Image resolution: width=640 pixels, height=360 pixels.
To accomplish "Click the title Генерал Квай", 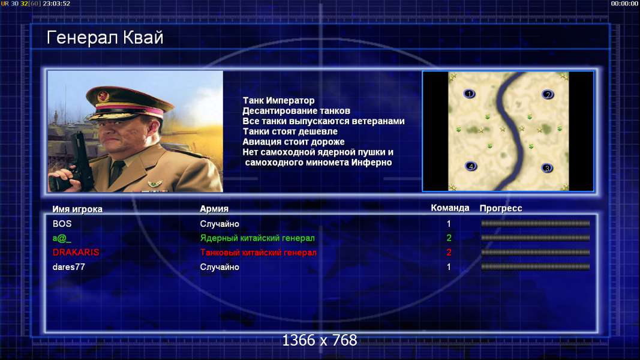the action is pos(105,38).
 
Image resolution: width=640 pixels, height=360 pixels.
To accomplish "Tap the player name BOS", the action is pos(62,224).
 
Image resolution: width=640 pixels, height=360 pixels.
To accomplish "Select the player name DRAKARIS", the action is pos(76,252).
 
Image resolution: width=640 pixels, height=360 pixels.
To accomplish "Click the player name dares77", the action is pos(68,267).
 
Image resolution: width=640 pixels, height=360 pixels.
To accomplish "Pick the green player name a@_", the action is pos(62,238).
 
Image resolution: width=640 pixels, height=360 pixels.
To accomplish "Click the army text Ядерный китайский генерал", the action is pos(257,238).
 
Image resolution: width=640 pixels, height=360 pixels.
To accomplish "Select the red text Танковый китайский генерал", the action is pos(259,252).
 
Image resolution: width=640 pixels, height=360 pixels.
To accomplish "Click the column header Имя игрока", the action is pos(77,209).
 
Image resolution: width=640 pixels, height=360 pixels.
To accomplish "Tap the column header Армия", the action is pos(214,209).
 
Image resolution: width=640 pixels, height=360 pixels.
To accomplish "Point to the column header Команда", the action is pos(450,208).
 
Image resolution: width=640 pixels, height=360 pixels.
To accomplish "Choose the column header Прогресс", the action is pos(501,208).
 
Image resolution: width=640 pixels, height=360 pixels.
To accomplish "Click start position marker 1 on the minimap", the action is pos(470,94).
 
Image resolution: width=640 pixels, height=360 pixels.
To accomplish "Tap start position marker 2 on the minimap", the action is pos(548,95).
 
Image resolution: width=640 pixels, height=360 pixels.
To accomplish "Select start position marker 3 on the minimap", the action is pos(547,168).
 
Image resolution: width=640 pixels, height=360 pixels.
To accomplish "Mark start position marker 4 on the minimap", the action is pos(471,166).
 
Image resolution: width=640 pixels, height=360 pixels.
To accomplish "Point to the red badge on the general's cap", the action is pos(103,96).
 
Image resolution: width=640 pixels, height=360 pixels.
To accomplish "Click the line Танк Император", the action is pos(279,100).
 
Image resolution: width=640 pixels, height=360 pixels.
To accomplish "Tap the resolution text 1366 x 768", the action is pos(320,340).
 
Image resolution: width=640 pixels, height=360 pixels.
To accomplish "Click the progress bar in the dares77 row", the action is pos(536,267).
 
